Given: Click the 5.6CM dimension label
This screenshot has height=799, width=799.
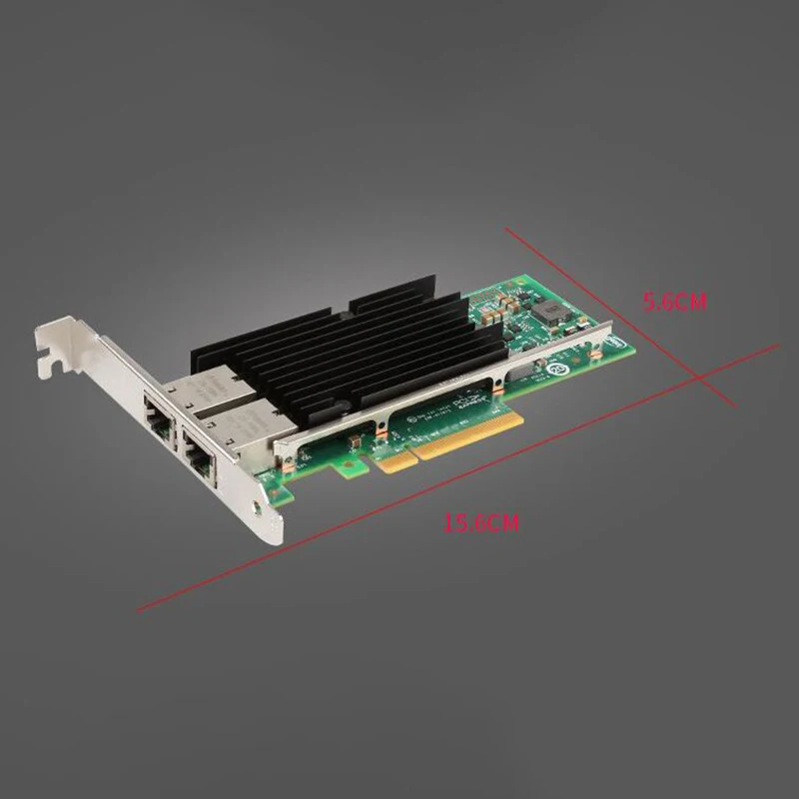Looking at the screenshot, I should tap(675, 301).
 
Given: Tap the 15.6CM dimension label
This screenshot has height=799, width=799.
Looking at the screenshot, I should tap(481, 522).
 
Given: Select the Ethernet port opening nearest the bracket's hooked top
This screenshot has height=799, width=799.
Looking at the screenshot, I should tap(158, 405).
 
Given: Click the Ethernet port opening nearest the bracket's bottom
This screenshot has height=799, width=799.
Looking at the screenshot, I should tap(196, 460).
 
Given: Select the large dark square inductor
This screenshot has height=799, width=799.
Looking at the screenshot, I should tap(548, 313).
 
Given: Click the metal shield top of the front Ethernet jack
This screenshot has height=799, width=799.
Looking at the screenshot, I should tap(240, 409).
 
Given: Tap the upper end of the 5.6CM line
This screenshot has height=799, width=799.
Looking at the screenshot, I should tap(505, 229).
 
